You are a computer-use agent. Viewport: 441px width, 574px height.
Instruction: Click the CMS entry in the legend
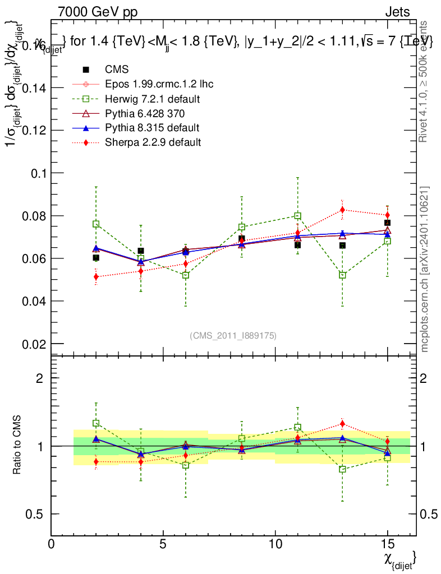pyautogui.click(x=117, y=70)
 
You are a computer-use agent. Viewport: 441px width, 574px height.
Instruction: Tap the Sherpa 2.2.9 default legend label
pyautogui.click(x=153, y=142)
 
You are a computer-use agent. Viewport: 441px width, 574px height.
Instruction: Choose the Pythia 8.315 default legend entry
pyautogui.click(x=152, y=128)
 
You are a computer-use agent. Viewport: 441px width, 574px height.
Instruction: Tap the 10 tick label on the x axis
pyautogui.click(x=275, y=544)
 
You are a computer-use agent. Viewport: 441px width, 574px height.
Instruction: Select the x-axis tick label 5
pyautogui.click(x=163, y=544)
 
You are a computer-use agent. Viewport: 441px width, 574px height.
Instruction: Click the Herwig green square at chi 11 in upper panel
pyautogui.click(x=298, y=216)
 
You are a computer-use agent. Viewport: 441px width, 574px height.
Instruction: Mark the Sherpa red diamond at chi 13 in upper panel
pyautogui.click(x=342, y=210)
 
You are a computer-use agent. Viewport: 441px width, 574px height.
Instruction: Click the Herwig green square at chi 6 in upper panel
pyautogui.click(x=186, y=275)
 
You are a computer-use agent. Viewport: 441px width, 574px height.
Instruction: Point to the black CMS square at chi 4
pyautogui.click(x=141, y=251)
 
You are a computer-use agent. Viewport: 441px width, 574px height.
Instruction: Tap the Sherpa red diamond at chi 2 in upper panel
pyautogui.click(x=96, y=276)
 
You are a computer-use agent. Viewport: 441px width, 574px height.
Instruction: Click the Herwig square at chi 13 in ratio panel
pyautogui.click(x=342, y=469)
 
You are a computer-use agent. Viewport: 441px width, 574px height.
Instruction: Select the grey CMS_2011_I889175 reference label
pyautogui.click(x=233, y=335)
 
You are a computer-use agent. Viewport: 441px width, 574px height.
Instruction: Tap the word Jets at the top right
pyautogui.click(x=397, y=12)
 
